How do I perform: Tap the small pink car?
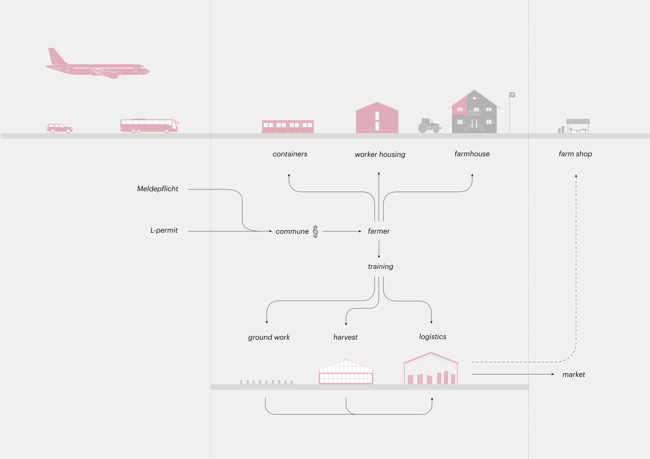(x=60, y=128)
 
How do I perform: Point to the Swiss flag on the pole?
(x=512, y=95)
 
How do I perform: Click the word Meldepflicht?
(x=158, y=189)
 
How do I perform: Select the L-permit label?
(x=164, y=230)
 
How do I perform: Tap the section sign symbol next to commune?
(x=315, y=231)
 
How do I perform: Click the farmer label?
(x=379, y=231)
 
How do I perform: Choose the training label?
(x=380, y=267)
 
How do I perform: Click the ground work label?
(x=269, y=337)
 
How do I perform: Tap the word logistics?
(x=433, y=337)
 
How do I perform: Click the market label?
(x=574, y=374)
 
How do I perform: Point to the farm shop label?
(x=575, y=154)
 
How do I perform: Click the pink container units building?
(x=288, y=127)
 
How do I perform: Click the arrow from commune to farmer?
(x=342, y=231)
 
